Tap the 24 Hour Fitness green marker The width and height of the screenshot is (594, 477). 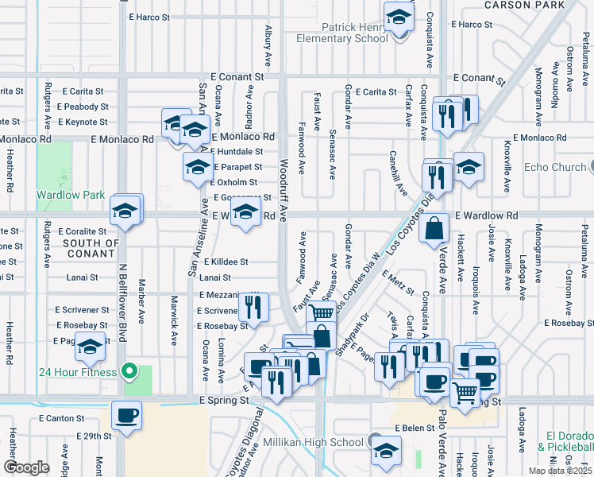click(x=129, y=371)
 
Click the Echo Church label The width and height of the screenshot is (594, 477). click(x=555, y=167)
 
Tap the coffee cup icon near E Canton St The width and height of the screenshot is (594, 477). click(x=126, y=415)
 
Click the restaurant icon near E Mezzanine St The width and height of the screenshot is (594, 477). click(x=253, y=306)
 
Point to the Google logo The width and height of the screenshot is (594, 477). click(x=25, y=467)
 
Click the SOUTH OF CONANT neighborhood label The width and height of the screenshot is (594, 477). click(x=91, y=249)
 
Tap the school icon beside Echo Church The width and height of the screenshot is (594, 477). click(x=469, y=167)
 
